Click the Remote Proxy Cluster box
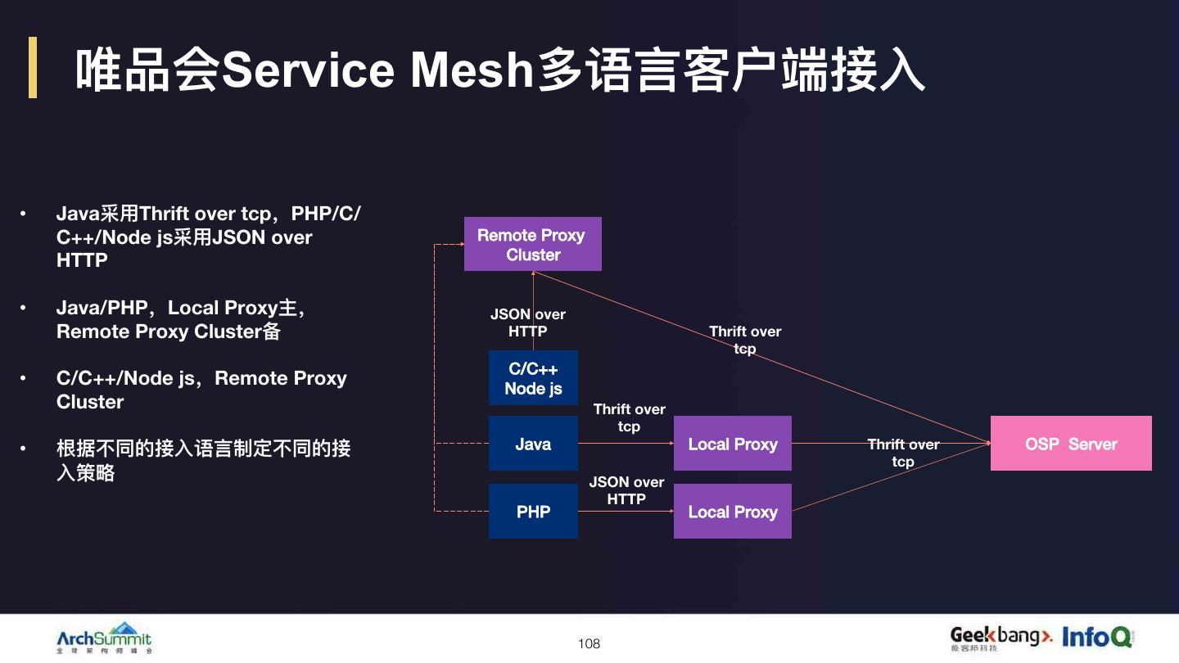coord(532,244)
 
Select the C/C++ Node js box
coord(533,378)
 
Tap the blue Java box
coord(533,444)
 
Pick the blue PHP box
coord(533,512)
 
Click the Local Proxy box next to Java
coord(732,444)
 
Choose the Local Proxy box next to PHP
coord(732,512)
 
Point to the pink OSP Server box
coord(1070,444)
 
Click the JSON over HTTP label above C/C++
coord(528,322)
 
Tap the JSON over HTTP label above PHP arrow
coord(626,490)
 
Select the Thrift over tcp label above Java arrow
coord(629,417)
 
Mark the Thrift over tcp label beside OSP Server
coord(903,453)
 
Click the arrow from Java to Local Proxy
coord(626,444)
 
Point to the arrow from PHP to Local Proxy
coord(626,512)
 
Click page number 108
coord(589,643)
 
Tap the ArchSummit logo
coord(104,638)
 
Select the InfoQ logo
coord(1097,636)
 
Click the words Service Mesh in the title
coord(377,70)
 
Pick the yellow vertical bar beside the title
coord(33,67)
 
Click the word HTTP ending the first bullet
coord(82,260)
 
